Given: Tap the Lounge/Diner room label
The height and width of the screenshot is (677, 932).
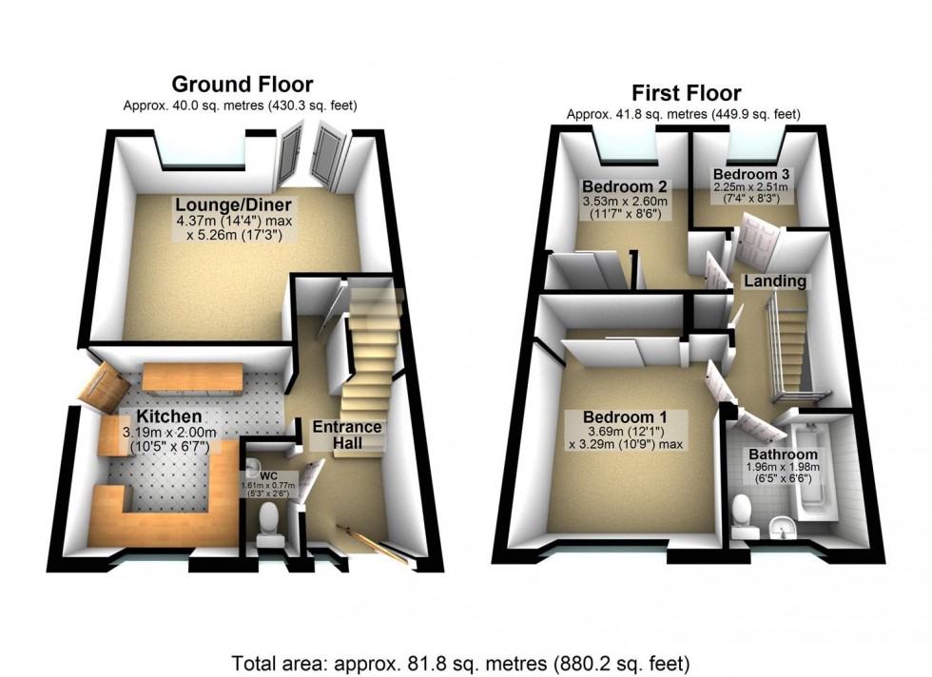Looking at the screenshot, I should (x=231, y=205).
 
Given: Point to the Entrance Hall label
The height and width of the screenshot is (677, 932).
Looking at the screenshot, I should (x=347, y=435).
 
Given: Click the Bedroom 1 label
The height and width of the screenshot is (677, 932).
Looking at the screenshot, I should (x=625, y=417).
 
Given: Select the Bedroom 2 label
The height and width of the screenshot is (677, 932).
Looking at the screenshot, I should (x=625, y=184).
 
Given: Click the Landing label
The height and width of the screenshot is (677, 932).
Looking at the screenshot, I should (x=775, y=281).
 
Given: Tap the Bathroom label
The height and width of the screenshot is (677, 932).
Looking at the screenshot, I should (x=783, y=454).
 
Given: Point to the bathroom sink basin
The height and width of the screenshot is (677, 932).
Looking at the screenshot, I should (x=783, y=523).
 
